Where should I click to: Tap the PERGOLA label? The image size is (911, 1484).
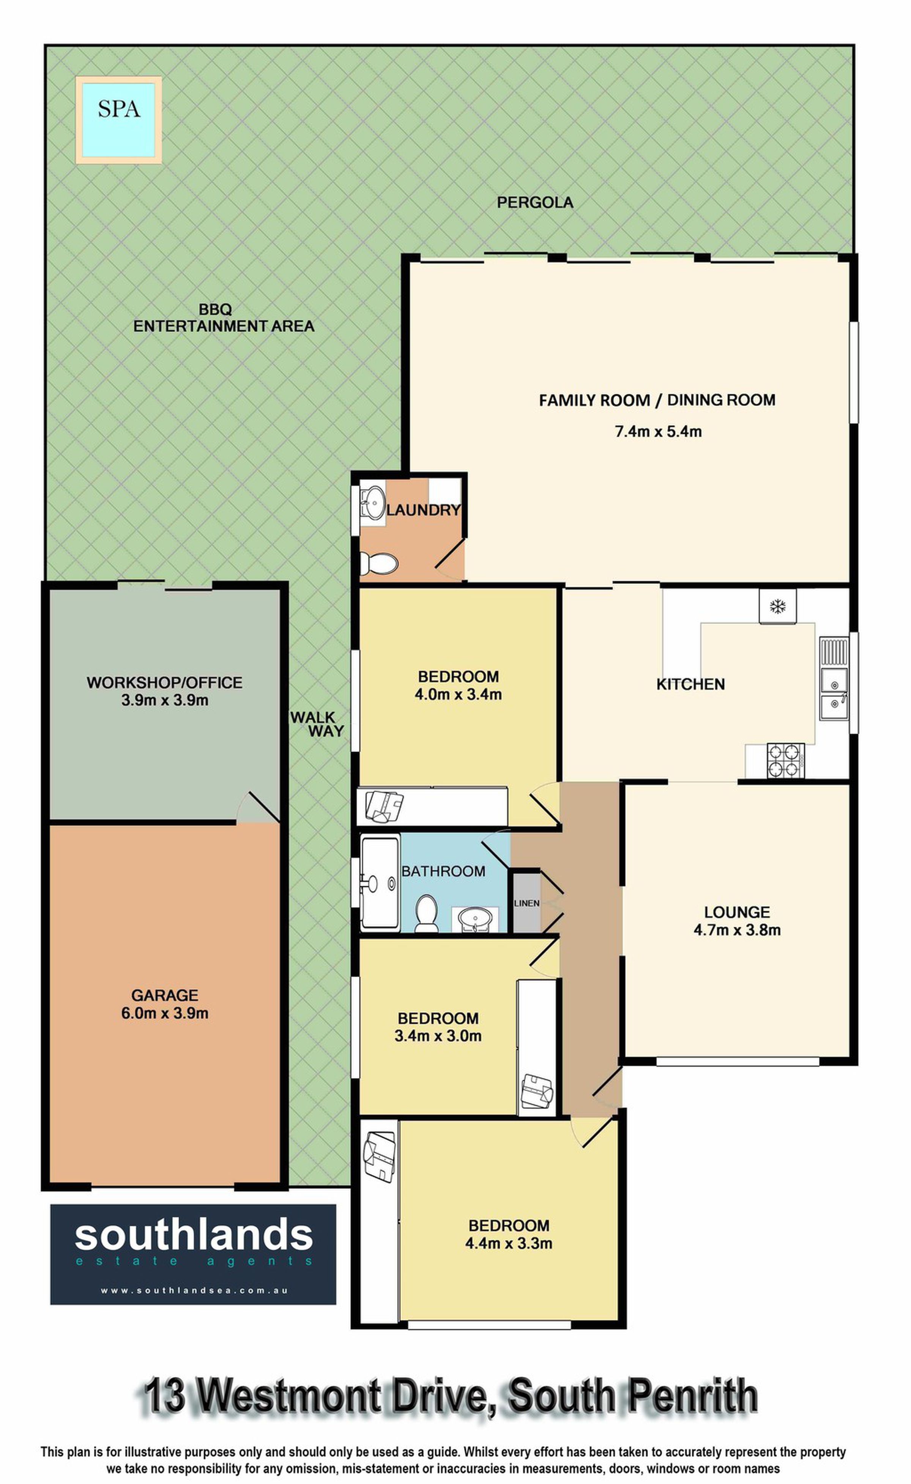click(x=534, y=202)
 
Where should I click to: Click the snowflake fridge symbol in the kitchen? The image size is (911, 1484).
click(x=778, y=606)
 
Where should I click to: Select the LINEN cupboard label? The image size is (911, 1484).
click(x=526, y=903)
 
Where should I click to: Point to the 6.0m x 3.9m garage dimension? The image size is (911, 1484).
click(x=164, y=1013)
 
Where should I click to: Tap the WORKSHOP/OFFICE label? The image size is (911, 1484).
click(x=164, y=683)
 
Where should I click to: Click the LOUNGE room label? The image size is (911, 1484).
click(x=737, y=912)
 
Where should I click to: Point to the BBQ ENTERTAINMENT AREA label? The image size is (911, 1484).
click(x=224, y=317)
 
